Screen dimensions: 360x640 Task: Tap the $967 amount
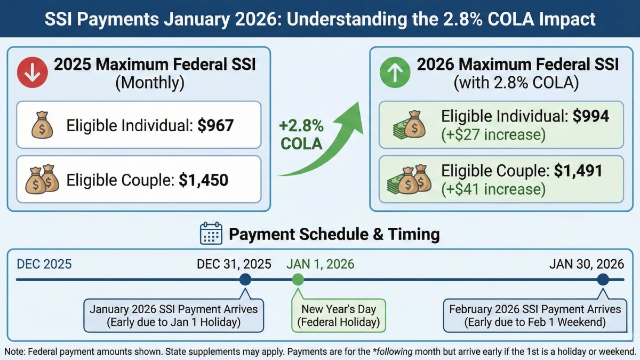coord(215,125)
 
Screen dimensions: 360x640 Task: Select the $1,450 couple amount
coord(203,180)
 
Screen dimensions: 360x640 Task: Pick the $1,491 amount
coord(578,171)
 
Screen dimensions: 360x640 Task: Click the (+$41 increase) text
coord(493,189)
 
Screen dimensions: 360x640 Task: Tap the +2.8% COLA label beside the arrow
coord(301,135)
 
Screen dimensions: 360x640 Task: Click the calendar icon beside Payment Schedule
coord(211,234)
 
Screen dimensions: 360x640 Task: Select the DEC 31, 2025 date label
coord(234,264)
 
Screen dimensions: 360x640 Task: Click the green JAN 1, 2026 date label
coord(320,264)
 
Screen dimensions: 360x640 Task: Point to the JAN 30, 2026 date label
coord(587,264)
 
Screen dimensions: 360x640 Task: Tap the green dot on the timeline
coord(298,279)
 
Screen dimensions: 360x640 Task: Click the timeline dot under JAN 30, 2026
coord(603,279)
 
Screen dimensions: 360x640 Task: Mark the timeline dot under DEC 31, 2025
coord(245,279)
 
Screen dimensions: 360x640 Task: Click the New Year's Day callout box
coord(339,316)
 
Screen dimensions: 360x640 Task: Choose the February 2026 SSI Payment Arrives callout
coord(535,316)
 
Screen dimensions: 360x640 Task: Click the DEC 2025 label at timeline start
coord(44,264)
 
